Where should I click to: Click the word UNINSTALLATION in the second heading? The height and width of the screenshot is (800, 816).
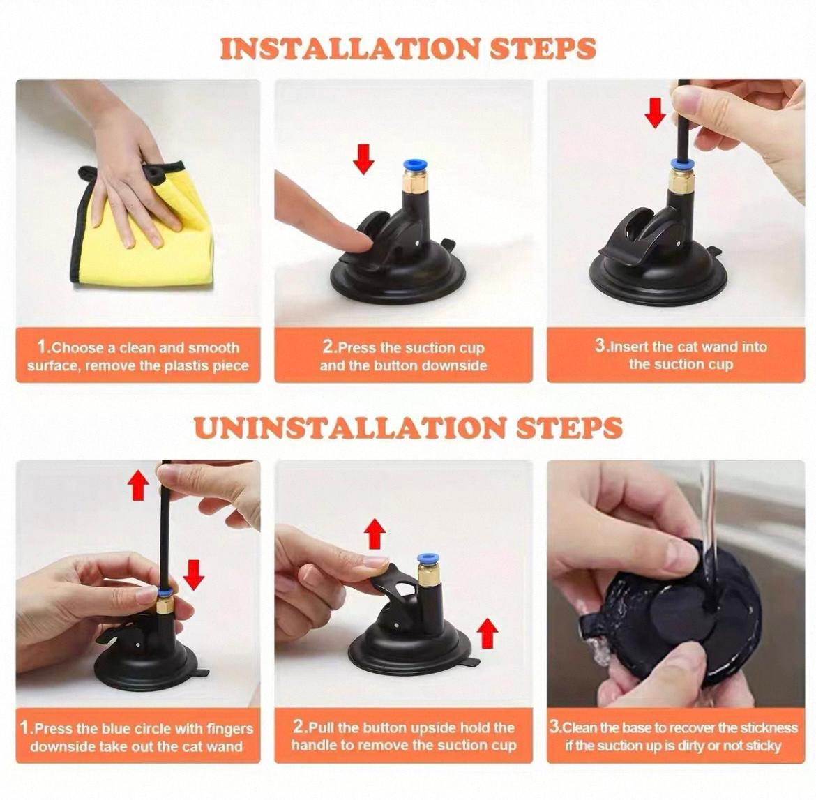coord(349,428)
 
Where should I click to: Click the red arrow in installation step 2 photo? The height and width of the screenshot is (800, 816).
coord(363,159)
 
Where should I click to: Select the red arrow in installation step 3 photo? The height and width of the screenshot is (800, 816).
coord(655,112)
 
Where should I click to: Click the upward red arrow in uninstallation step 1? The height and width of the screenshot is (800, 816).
coord(138,485)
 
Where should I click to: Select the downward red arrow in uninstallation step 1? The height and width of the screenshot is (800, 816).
coord(194,575)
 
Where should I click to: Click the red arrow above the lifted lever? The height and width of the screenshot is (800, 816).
coord(375,534)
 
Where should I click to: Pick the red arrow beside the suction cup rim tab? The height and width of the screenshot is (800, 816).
coord(487,633)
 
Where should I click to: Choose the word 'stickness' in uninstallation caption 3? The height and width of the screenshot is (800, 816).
coord(769,727)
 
